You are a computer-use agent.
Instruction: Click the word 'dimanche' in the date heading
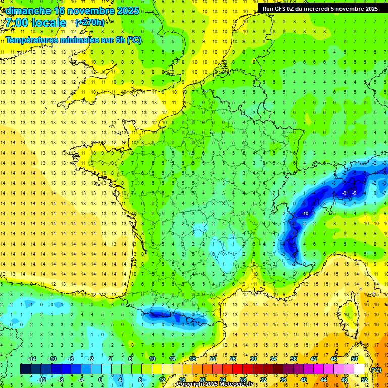(x=28, y=10)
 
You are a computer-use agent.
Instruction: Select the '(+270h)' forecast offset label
(x=90, y=22)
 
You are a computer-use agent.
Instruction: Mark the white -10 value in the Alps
(x=305, y=214)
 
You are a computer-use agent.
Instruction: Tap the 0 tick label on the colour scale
(x=100, y=379)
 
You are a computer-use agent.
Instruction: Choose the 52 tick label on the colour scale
(x=364, y=379)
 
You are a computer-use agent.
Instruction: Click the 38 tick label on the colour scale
(x=294, y=359)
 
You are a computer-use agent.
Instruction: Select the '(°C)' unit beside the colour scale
(x=376, y=369)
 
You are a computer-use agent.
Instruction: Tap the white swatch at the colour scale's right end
(x=359, y=369)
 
